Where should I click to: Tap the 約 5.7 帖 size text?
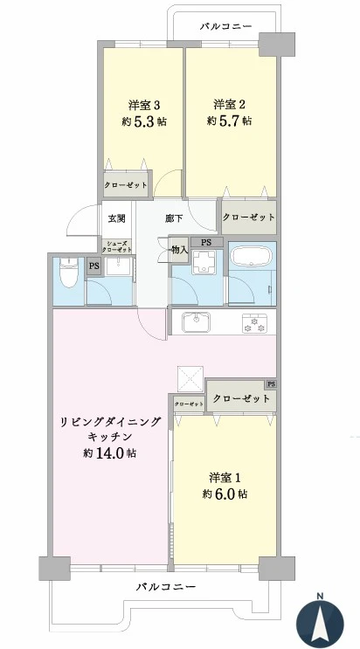229,121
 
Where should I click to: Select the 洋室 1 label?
225,477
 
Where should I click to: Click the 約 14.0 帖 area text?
109,452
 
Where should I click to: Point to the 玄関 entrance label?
116,218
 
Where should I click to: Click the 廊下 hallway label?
174,218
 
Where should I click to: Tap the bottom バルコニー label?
166,586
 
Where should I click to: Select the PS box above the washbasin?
206,242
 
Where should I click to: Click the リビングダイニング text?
111,421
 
